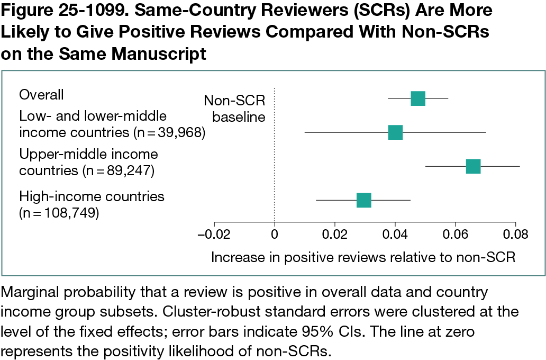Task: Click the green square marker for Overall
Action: [x=418, y=98]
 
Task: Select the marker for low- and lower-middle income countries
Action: [x=395, y=132]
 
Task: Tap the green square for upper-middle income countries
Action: [x=473, y=166]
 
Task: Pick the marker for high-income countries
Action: [x=364, y=200]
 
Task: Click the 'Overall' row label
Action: [x=41, y=95]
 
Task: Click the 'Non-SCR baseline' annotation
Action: [x=234, y=108]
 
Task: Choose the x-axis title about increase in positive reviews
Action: [x=363, y=257]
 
